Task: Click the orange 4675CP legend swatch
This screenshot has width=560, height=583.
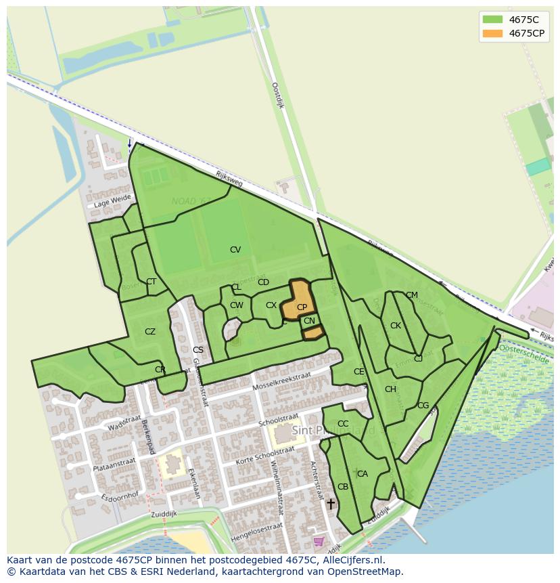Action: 492,33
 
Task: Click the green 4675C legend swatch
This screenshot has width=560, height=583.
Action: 492,19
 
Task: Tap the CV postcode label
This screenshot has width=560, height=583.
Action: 235,250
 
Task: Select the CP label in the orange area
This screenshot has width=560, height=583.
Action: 302,307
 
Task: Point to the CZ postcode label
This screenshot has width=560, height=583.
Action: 150,332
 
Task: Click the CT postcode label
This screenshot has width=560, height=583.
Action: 151,282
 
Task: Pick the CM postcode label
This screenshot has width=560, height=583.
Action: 412,295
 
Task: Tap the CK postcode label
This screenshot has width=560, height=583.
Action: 396,326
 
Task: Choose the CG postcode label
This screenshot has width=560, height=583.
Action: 423,406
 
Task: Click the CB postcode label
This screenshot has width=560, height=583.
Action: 343,487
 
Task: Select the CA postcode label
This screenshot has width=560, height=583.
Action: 363,474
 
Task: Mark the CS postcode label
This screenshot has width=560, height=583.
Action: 198,350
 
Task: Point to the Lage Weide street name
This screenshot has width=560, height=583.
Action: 112,200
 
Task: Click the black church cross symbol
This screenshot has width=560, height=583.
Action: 330,504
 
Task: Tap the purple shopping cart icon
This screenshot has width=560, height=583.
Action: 319,541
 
